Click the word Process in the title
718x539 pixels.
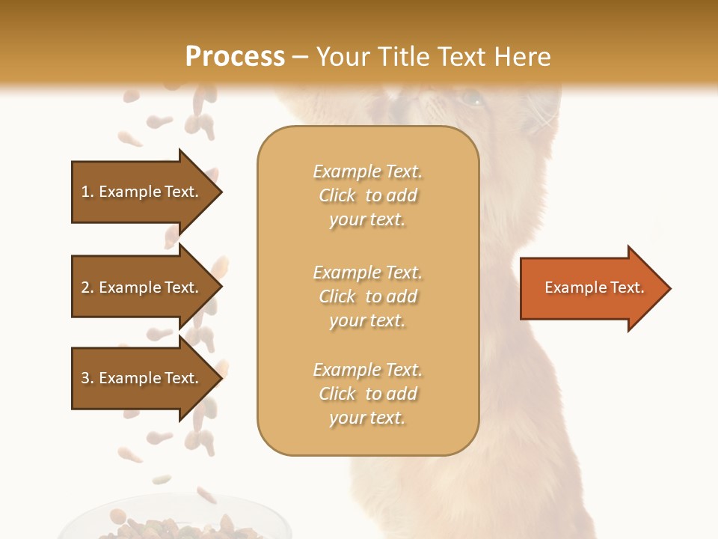[235, 57]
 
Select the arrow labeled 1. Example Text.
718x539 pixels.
[142, 192]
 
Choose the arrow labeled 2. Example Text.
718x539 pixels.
[142, 287]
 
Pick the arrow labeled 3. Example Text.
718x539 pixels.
[142, 378]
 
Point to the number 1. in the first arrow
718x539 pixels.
[87, 192]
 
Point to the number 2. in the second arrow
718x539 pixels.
[87, 287]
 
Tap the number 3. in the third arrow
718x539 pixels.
[87, 378]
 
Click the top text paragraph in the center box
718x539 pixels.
[367, 195]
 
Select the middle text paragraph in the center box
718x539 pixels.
[367, 296]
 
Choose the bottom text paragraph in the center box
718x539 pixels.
[367, 394]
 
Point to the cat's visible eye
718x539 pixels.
[471, 97]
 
